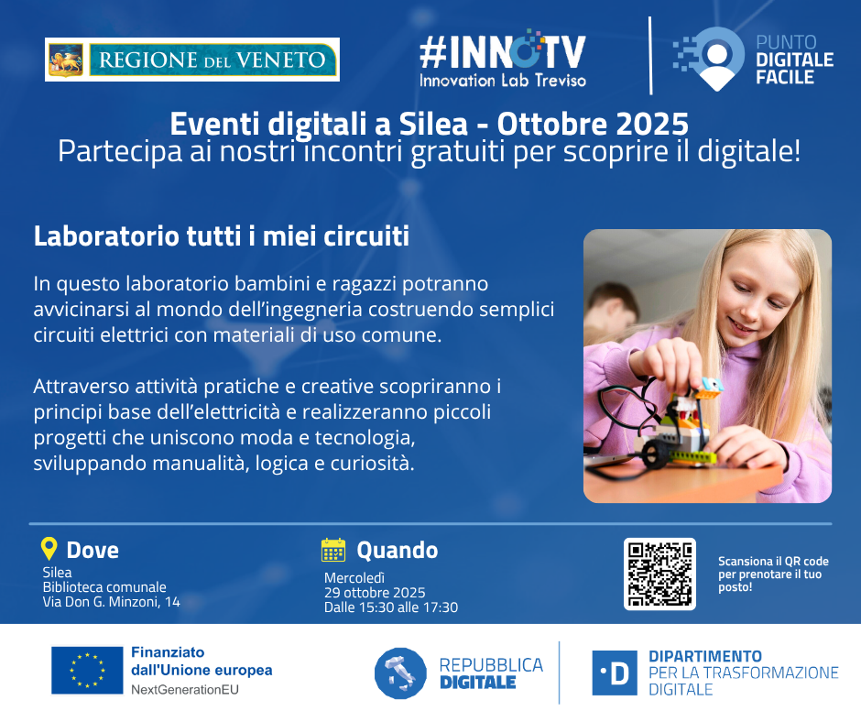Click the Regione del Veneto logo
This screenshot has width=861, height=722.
(x=192, y=60)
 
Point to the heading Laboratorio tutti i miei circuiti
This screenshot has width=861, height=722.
(x=222, y=236)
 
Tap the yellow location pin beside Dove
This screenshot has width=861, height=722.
(x=49, y=549)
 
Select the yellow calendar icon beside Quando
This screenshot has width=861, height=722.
(x=333, y=550)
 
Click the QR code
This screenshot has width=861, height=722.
(x=659, y=574)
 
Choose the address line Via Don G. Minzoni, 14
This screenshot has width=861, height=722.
(x=112, y=602)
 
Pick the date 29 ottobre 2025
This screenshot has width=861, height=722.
(x=375, y=593)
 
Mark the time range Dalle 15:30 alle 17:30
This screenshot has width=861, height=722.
(x=391, y=607)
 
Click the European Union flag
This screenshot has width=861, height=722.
(x=87, y=670)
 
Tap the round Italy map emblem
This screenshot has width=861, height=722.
(x=400, y=673)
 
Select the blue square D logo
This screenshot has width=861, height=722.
(x=615, y=673)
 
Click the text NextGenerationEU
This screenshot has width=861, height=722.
(x=185, y=690)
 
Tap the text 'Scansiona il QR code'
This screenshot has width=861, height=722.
(x=773, y=562)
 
